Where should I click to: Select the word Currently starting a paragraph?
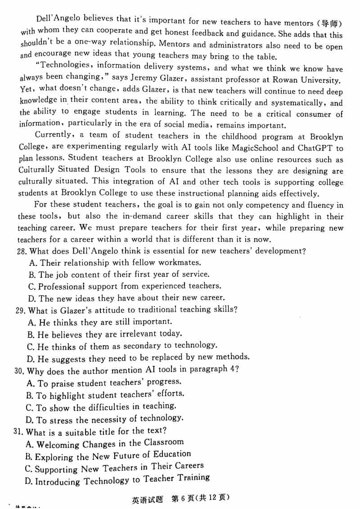coord(53,135)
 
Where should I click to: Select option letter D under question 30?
coord(30,421)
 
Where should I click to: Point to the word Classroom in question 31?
coord(164,443)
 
